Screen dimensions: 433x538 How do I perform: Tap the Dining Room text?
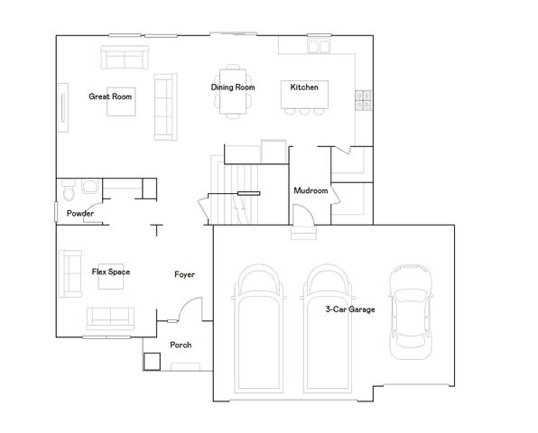click(233, 88)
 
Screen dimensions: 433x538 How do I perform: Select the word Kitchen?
click(303, 88)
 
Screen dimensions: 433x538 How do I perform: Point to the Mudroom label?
click(310, 191)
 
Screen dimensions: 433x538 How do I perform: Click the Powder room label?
click(80, 213)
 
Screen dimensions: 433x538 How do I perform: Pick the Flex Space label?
click(111, 272)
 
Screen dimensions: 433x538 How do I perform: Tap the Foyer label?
click(184, 274)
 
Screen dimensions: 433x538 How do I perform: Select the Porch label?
click(181, 345)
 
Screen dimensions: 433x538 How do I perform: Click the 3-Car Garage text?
click(350, 309)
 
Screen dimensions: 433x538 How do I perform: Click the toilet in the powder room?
click(70, 192)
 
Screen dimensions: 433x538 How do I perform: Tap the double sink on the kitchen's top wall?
click(318, 45)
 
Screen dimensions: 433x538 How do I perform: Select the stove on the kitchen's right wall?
click(364, 100)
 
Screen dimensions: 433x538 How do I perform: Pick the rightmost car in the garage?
click(409, 307)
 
